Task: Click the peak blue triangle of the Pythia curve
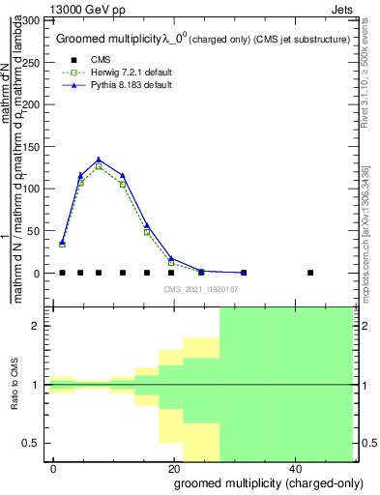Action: click(99, 160)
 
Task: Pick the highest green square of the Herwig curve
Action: click(99, 166)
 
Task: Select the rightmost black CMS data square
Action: click(310, 273)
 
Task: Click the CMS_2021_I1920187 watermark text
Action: click(200, 288)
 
